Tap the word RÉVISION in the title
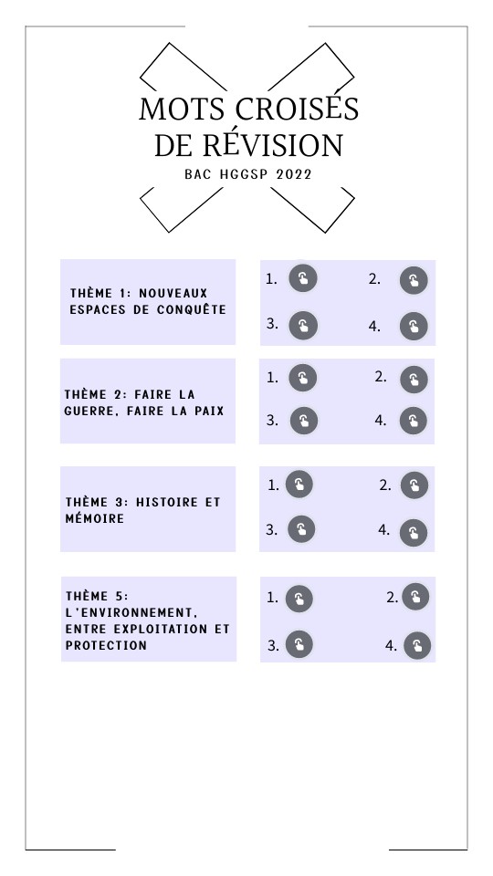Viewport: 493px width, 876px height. (x=272, y=144)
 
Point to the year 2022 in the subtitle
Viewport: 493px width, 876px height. (x=294, y=174)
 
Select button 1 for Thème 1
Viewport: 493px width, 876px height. (x=303, y=278)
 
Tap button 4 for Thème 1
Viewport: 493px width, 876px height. (x=414, y=327)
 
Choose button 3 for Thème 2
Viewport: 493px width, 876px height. (x=303, y=421)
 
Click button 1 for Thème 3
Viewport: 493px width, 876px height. (x=299, y=485)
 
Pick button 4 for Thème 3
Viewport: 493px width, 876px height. (x=414, y=533)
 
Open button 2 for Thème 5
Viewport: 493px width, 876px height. (x=415, y=597)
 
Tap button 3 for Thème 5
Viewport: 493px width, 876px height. (x=299, y=645)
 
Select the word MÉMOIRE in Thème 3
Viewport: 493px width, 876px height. (x=94, y=518)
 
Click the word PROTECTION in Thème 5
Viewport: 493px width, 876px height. (x=106, y=645)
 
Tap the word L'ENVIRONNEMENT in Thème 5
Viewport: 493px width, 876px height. (x=131, y=613)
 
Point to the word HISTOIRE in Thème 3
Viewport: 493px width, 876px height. (x=167, y=502)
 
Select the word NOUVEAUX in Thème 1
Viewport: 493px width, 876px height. (x=173, y=293)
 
